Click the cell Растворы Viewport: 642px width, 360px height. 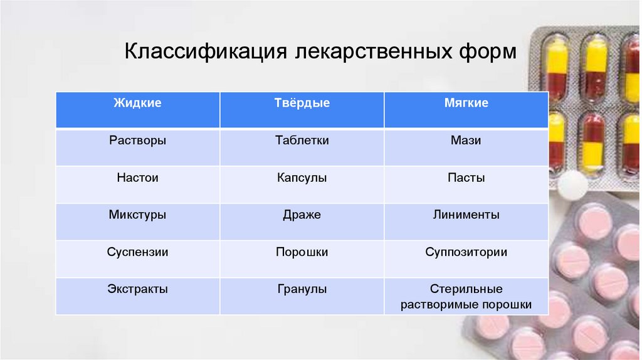click(x=137, y=140)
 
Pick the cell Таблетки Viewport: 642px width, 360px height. click(x=302, y=140)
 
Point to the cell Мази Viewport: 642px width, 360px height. click(x=466, y=140)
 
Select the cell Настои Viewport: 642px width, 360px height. click(x=137, y=177)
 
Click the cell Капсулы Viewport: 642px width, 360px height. click(x=302, y=177)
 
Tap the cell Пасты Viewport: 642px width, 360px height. click(x=466, y=177)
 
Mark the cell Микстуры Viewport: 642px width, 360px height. click(x=137, y=214)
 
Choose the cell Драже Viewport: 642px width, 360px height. click(x=302, y=214)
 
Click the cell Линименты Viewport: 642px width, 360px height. click(x=466, y=214)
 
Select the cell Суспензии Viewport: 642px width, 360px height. click(x=137, y=252)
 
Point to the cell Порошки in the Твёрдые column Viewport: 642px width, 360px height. click(x=302, y=252)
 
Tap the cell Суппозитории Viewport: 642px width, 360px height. click(x=466, y=252)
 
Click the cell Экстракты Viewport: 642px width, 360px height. click(x=137, y=289)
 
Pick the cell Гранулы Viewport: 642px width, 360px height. click(x=302, y=289)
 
